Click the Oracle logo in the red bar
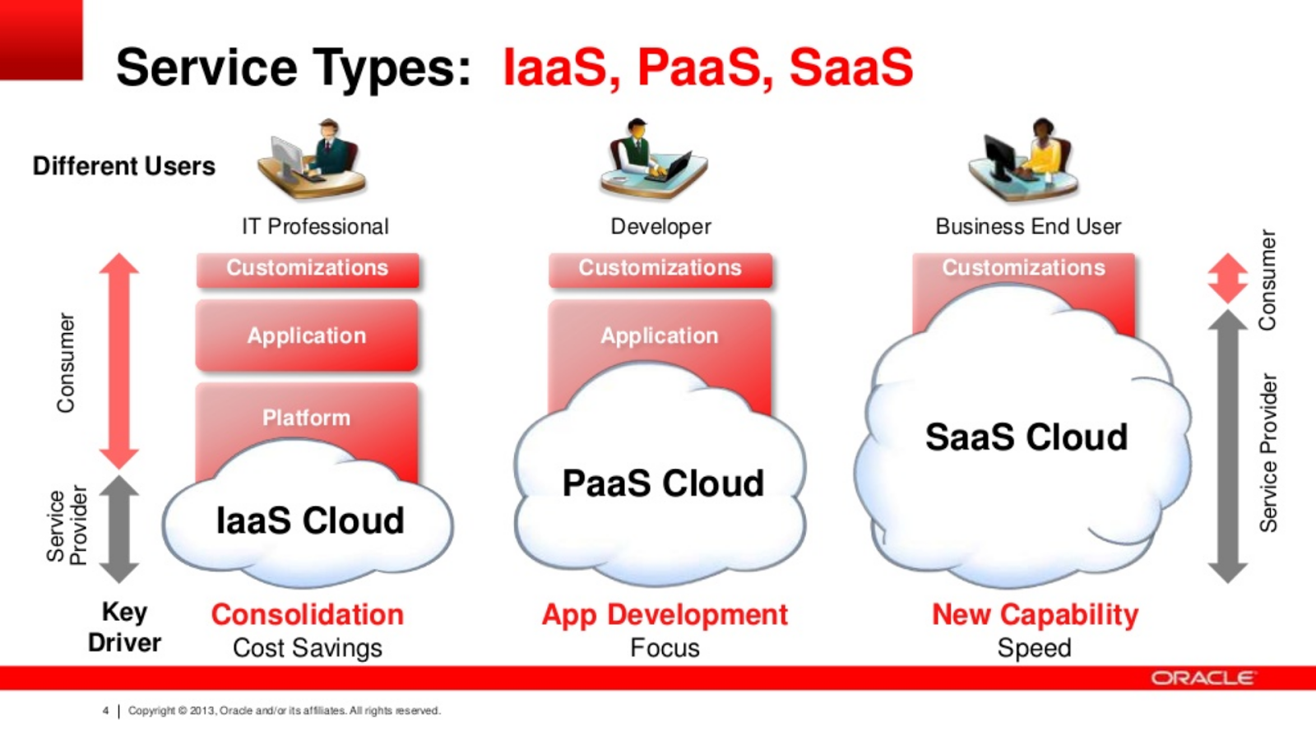pos(1202,678)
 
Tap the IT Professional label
pos(316,227)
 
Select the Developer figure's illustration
pos(654,159)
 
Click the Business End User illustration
pos(1023,159)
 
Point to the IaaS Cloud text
pos(310,521)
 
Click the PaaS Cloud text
pos(663,483)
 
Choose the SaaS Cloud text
pos(1026,437)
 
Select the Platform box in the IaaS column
pos(307,419)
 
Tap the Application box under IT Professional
pos(307,335)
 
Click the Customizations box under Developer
pos(660,270)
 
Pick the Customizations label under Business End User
pos(1023,268)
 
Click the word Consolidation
pos(308,615)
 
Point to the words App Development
pos(665,616)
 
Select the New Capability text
pos(1036,616)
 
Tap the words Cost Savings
pos(308,649)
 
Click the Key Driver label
pos(124,627)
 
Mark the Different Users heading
pos(124,166)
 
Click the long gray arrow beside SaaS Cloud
pos(1228,446)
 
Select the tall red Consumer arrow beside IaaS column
pos(119,361)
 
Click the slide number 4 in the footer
pos(106,710)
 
